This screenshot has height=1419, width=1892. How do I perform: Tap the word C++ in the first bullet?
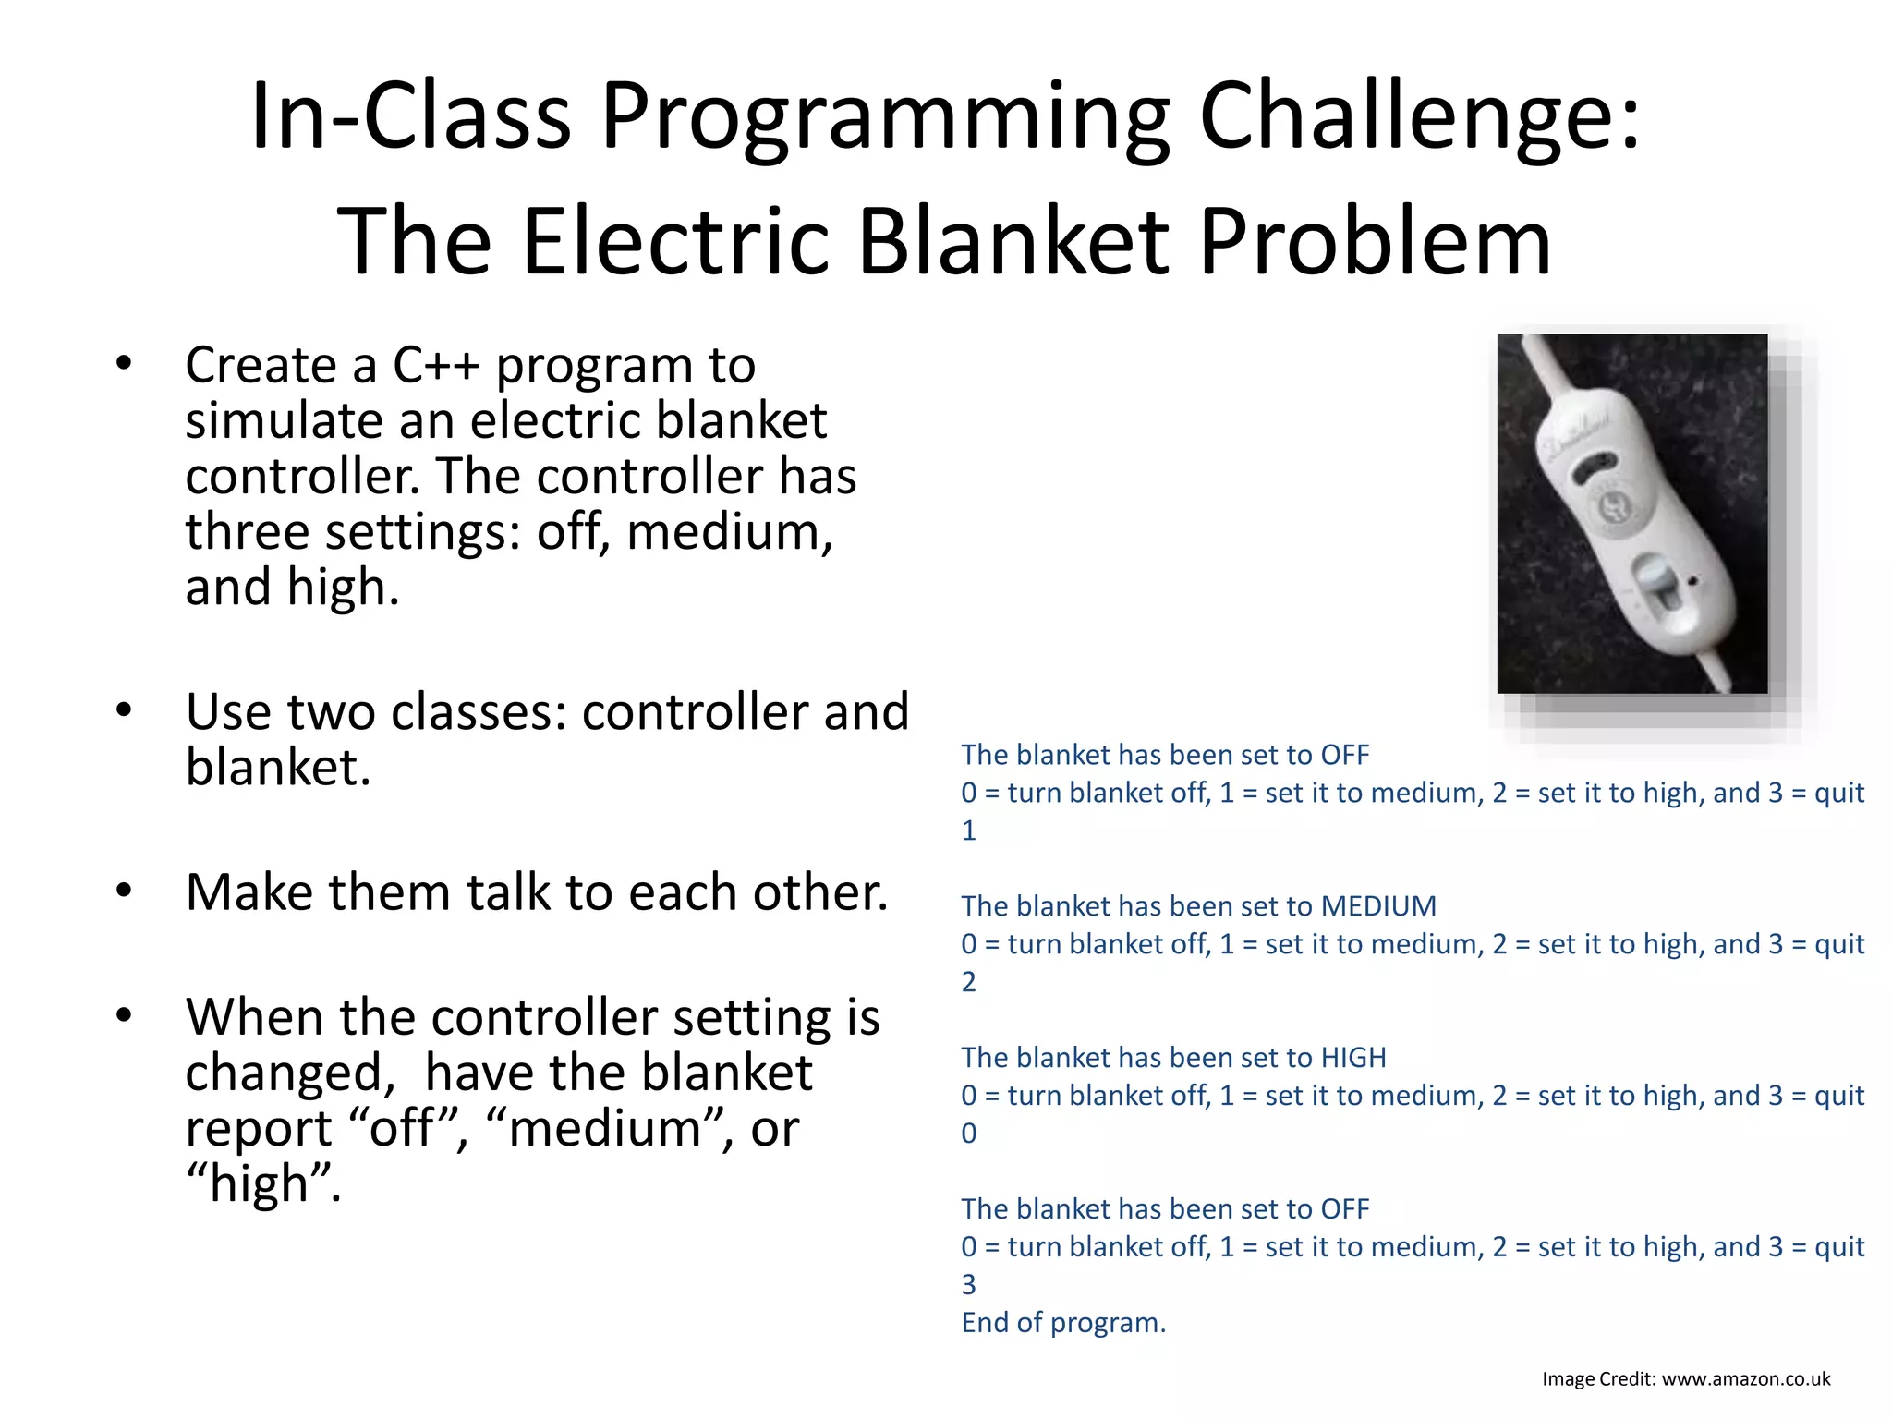click(x=435, y=365)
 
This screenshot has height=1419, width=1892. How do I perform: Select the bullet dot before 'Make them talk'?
click(x=124, y=891)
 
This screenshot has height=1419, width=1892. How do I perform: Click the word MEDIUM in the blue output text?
click(x=1377, y=906)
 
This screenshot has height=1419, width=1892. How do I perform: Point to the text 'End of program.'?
click(x=1063, y=1323)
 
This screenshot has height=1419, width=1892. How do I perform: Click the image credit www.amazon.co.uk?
click(x=1745, y=1379)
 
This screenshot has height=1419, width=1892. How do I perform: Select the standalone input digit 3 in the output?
click(x=968, y=1285)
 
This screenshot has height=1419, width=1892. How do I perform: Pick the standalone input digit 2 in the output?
click(x=968, y=982)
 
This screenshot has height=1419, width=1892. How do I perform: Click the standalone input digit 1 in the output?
click(x=968, y=831)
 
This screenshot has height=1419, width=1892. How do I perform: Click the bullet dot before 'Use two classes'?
click(x=124, y=710)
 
